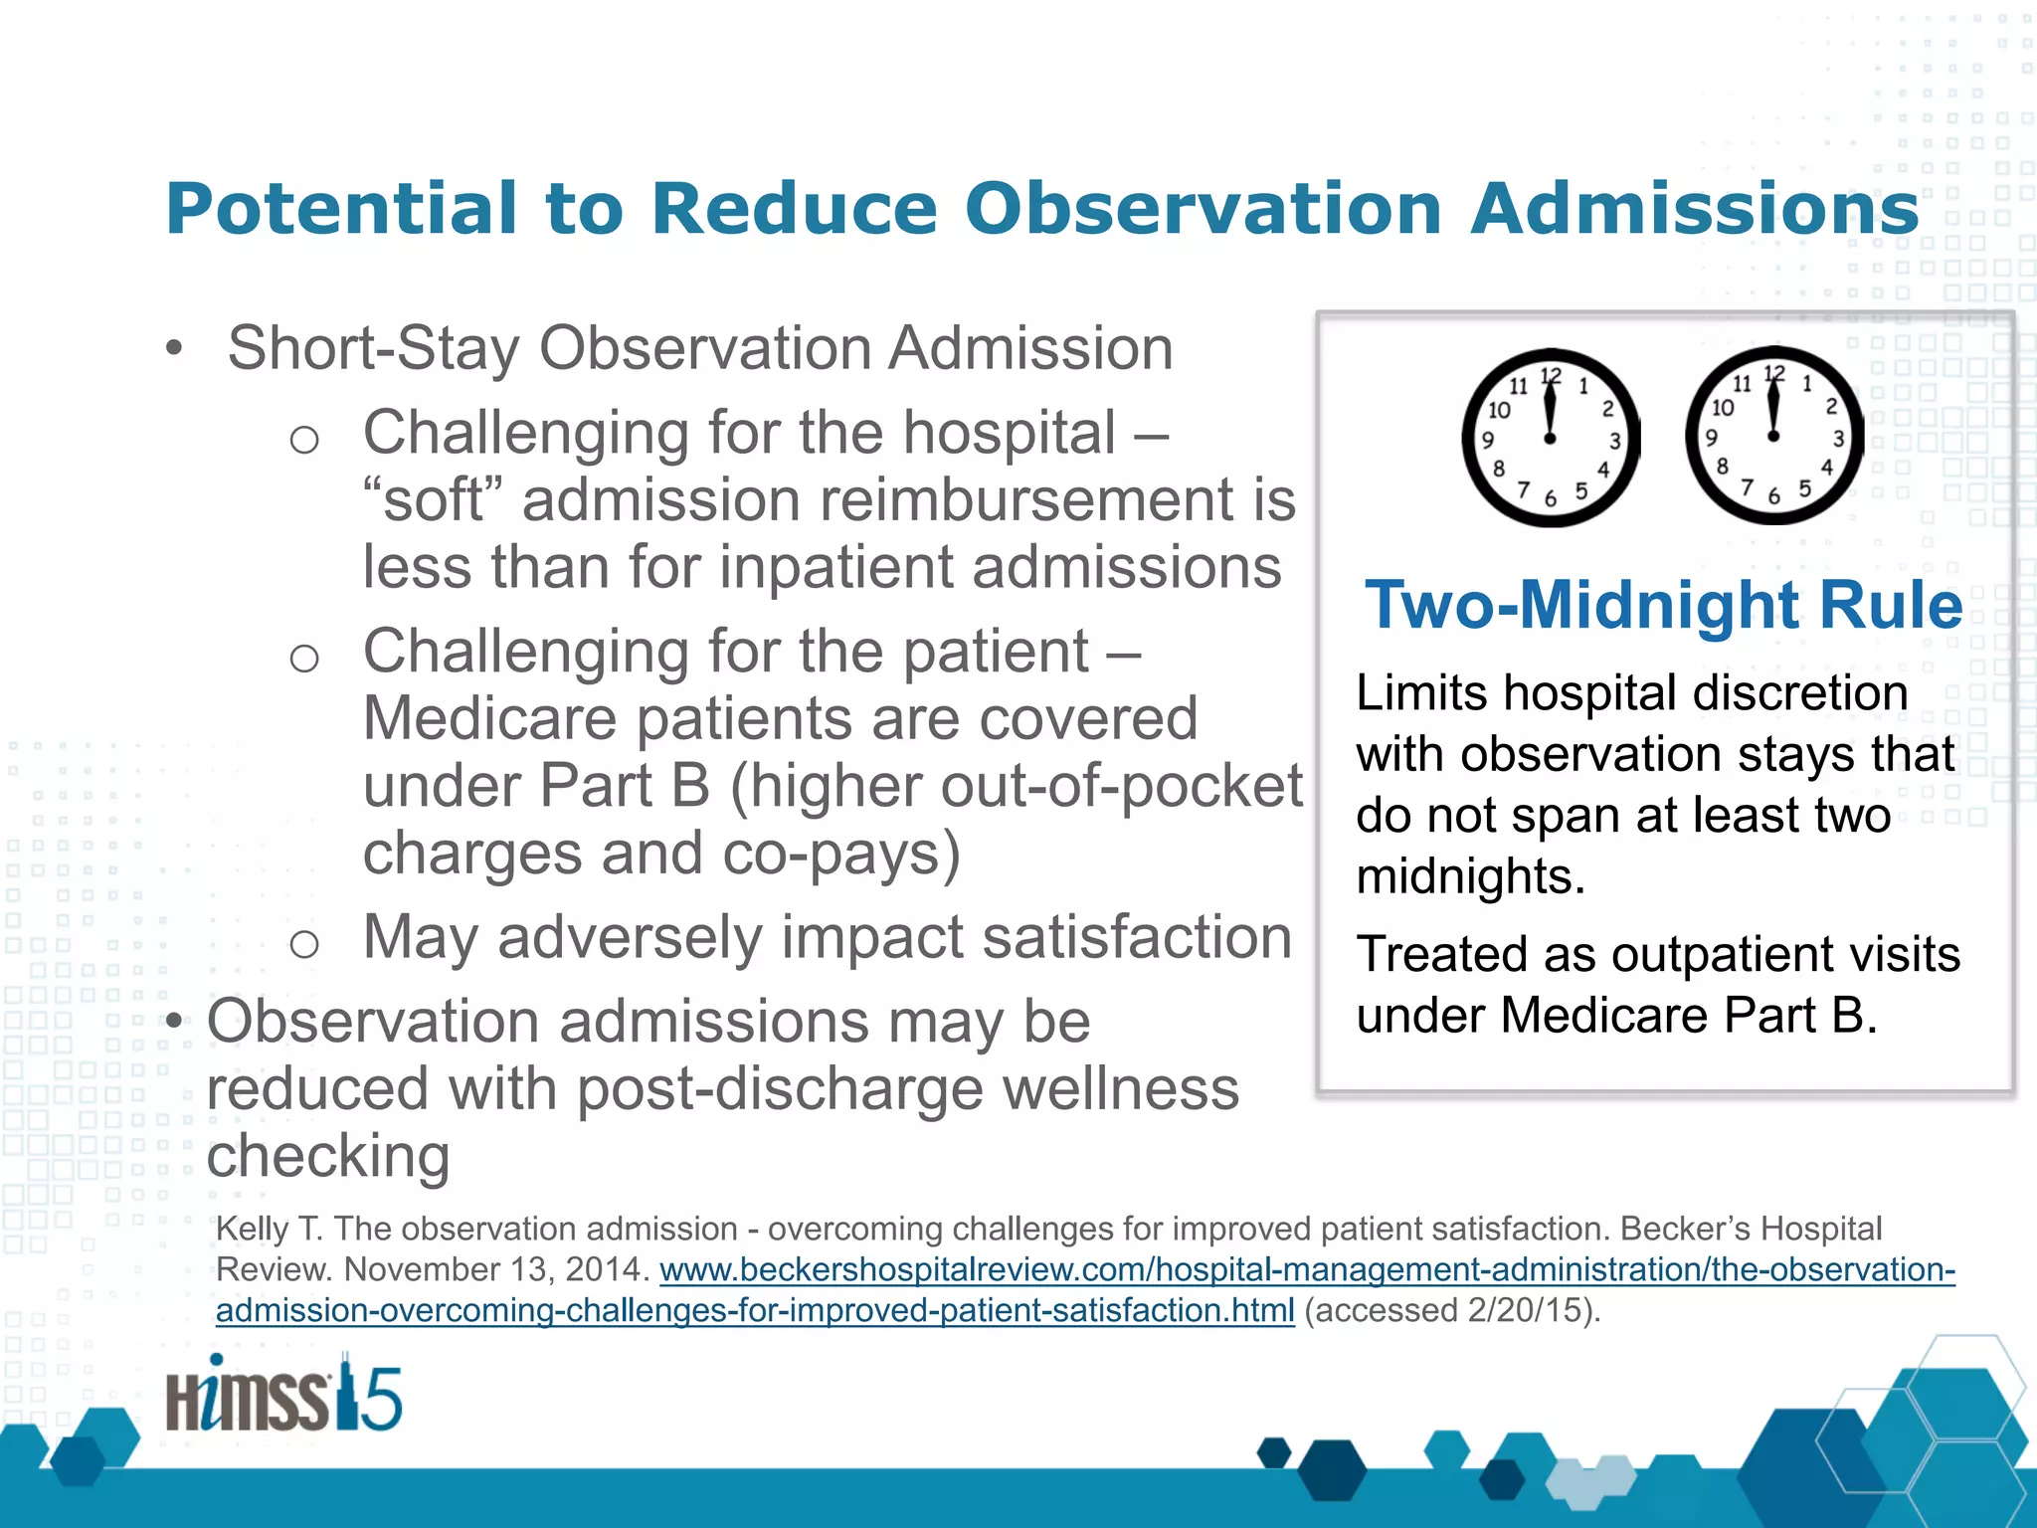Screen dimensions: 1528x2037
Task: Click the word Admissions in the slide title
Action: click(x=1694, y=209)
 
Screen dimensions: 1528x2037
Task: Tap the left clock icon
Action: click(x=1550, y=438)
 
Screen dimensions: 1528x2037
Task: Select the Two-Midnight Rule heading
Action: click(x=1664, y=605)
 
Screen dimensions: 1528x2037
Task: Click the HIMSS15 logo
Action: click(x=283, y=1396)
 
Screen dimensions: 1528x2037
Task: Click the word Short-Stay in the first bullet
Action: click(x=374, y=348)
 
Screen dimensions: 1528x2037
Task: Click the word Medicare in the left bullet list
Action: click(x=489, y=718)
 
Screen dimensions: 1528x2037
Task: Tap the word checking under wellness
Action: click(x=328, y=1156)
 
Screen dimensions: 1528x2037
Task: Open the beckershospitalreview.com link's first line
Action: click(x=1307, y=1270)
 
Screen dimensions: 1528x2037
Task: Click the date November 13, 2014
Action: click(x=496, y=1270)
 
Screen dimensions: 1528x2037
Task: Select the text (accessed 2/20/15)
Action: click(x=1452, y=1310)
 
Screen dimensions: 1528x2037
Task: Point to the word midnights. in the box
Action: click(x=1470, y=876)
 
